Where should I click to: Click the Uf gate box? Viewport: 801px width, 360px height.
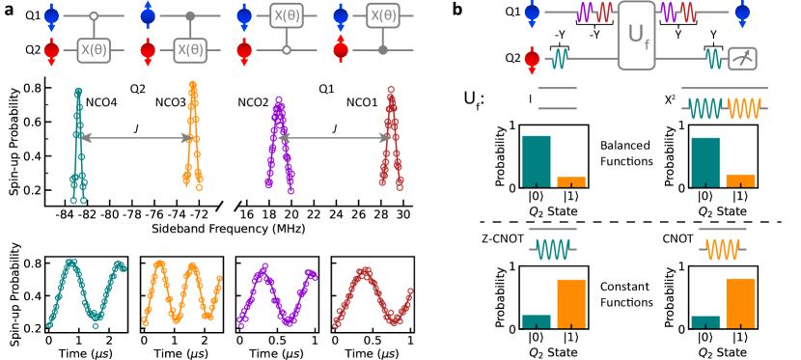(636, 36)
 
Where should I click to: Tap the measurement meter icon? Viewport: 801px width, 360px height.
(742, 59)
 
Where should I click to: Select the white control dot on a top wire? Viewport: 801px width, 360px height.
(94, 16)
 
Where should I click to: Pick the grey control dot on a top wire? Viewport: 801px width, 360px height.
(190, 16)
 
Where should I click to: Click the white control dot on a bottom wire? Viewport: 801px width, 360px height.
(287, 50)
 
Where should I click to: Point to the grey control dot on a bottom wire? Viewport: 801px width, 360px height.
(383, 50)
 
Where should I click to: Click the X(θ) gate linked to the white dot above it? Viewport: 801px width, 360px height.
(94, 50)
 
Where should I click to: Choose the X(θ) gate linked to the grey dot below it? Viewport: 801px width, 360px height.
(383, 15)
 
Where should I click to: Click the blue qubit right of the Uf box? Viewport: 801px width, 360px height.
(742, 13)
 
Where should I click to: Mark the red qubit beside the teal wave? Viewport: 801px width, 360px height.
(532, 59)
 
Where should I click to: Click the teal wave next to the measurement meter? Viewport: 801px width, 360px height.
(714, 59)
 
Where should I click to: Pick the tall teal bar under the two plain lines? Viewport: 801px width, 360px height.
(537, 160)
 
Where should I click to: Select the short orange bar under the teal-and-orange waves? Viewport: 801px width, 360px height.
(740, 180)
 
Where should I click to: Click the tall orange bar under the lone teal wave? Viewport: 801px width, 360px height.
(571, 303)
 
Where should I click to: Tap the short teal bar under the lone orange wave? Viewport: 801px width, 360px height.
(705, 321)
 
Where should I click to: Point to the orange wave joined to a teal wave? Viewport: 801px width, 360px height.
(744, 108)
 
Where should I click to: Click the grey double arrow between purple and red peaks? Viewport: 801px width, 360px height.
(334, 138)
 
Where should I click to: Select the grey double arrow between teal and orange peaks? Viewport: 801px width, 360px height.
(134, 138)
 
